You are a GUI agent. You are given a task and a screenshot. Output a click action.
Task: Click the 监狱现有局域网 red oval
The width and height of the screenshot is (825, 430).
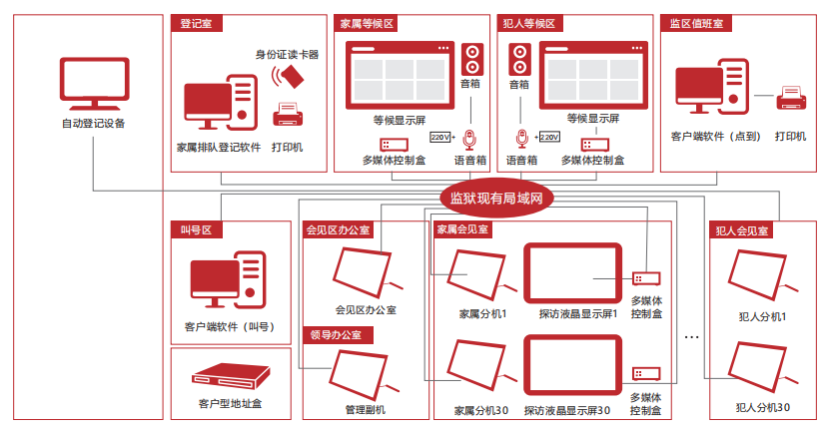pyautogui.click(x=496, y=199)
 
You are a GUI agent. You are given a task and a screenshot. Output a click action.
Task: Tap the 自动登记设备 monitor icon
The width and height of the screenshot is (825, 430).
pyautogui.click(x=94, y=84)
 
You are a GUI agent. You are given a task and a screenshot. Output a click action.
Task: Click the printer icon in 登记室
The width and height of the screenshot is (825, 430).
pyautogui.click(x=288, y=115)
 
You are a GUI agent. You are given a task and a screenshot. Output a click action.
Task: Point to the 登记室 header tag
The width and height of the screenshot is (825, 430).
pyautogui.click(x=196, y=24)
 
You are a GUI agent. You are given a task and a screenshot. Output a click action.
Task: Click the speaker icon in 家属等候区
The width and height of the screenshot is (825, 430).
pyautogui.click(x=472, y=60)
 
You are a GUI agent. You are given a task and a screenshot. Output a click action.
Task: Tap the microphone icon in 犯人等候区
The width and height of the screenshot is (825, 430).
pyautogui.click(x=521, y=139)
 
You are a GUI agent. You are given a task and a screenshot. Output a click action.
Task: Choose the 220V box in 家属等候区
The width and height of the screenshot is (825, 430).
pyautogui.click(x=439, y=138)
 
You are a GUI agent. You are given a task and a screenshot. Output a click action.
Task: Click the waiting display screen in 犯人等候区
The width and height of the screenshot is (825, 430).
pyautogui.click(x=593, y=75)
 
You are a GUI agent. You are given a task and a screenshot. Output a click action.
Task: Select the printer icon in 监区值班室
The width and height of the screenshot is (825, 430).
pyautogui.click(x=791, y=98)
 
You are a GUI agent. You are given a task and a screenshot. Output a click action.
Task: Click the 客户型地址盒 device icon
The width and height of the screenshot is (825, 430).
pyautogui.click(x=231, y=376)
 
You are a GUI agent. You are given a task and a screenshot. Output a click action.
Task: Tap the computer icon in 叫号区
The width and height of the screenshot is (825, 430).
pyautogui.click(x=228, y=279)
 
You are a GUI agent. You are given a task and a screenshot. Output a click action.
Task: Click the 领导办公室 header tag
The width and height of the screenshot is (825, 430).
pyautogui.click(x=338, y=335)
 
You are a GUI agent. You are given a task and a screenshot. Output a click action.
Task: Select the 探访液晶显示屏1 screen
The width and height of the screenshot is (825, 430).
pyautogui.click(x=572, y=273)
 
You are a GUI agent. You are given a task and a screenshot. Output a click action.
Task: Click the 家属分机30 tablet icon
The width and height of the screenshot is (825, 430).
pyautogui.click(x=478, y=365)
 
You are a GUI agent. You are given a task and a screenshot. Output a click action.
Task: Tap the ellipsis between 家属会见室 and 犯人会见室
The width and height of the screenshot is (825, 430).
pyautogui.click(x=691, y=337)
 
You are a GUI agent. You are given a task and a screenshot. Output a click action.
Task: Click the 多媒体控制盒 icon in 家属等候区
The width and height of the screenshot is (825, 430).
pyautogui.click(x=395, y=145)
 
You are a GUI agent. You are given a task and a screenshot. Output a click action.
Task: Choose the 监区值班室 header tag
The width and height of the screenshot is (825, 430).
pyautogui.click(x=696, y=24)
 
